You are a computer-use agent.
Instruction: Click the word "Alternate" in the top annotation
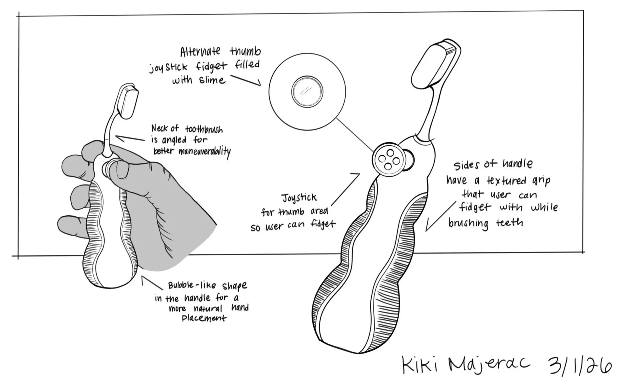click(200, 52)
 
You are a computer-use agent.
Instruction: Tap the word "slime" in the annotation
click(212, 80)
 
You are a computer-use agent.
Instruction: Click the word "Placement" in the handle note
click(204, 318)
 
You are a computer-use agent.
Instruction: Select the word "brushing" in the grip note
click(468, 223)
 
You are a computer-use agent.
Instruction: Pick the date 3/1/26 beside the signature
click(579, 365)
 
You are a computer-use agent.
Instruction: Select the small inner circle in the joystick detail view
click(307, 92)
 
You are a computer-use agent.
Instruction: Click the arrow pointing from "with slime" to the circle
click(247, 80)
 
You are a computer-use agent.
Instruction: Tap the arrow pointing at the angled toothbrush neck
click(129, 139)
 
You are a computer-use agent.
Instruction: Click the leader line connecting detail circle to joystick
click(355, 135)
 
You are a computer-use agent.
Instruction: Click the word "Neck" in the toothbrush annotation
click(160, 129)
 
